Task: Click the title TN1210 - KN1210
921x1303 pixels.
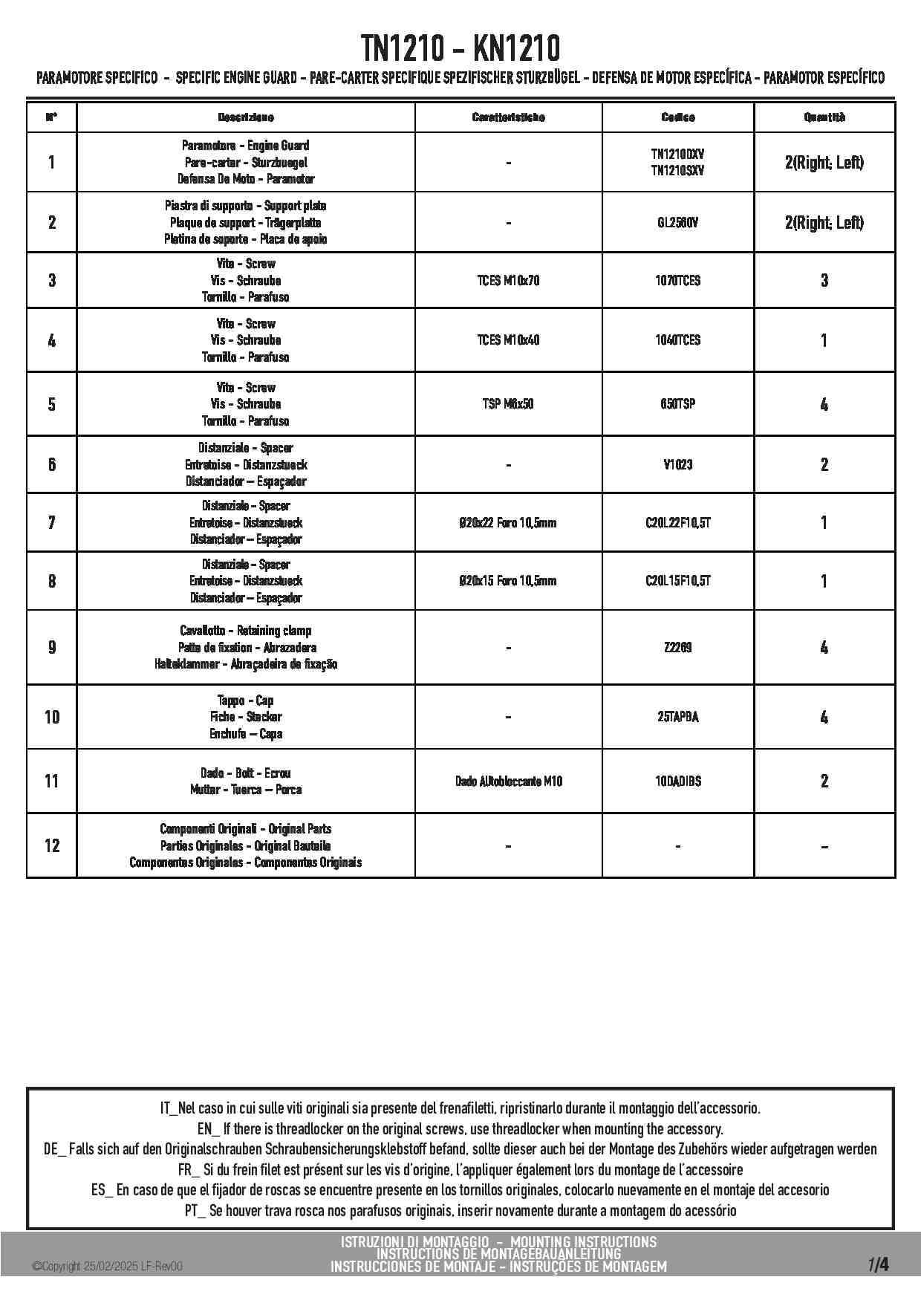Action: pyautogui.click(x=461, y=49)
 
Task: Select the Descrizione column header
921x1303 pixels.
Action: pyautogui.click(x=246, y=117)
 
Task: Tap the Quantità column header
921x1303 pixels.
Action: pyautogui.click(x=824, y=117)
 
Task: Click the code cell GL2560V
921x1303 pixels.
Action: pyautogui.click(x=677, y=222)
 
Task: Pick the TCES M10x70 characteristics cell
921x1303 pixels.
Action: pyautogui.click(x=508, y=281)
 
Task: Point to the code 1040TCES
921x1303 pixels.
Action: pyautogui.click(x=677, y=340)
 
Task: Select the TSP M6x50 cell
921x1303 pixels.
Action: pyautogui.click(x=508, y=404)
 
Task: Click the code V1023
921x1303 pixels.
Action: pyautogui.click(x=677, y=464)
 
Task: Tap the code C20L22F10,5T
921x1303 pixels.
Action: pyautogui.click(x=677, y=522)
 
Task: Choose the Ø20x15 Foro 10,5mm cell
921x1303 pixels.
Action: pyautogui.click(x=508, y=581)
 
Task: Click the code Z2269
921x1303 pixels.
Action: pyautogui.click(x=677, y=647)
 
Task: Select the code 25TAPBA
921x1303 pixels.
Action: pyautogui.click(x=677, y=717)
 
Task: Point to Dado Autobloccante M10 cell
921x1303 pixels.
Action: pyautogui.click(x=508, y=781)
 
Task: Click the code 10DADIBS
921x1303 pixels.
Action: pyautogui.click(x=677, y=781)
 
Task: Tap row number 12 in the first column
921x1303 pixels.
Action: pyautogui.click(x=52, y=845)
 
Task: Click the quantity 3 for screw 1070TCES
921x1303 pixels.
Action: pyautogui.click(x=824, y=281)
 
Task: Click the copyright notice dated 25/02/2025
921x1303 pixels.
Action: pyautogui.click(x=108, y=1267)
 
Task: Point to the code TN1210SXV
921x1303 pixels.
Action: pyautogui.click(x=677, y=171)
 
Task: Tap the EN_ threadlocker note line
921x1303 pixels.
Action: pyautogui.click(x=461, y=1129)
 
